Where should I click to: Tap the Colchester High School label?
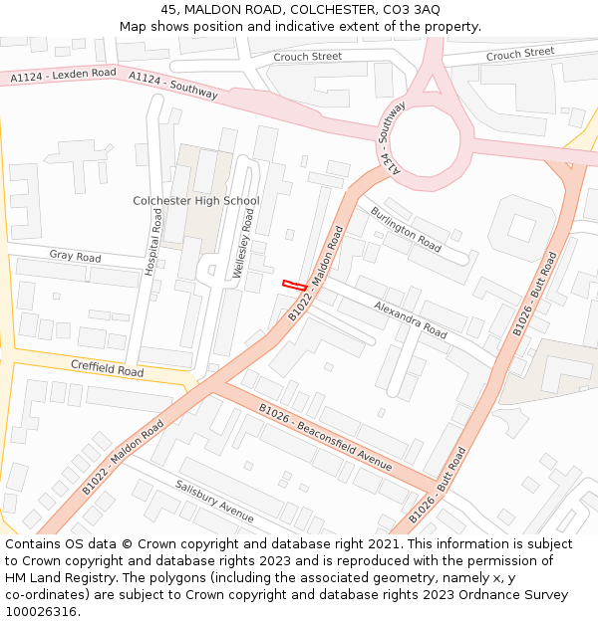click(195, 201)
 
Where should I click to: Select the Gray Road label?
click(75, 257)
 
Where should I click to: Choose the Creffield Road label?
click(107, 368)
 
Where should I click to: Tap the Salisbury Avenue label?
click(214, 500)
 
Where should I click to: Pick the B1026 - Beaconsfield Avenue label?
click(326, 439)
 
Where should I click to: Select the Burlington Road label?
click(406, 229)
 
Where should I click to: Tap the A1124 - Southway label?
click(173, 86)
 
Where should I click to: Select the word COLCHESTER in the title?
click(321, 9)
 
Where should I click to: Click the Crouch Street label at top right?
click(520, 54)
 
